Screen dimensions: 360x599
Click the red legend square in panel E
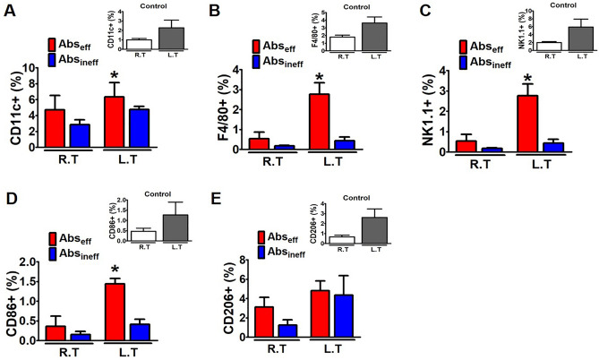point(261,237)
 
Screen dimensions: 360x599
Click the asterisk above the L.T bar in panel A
point(114,74)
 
